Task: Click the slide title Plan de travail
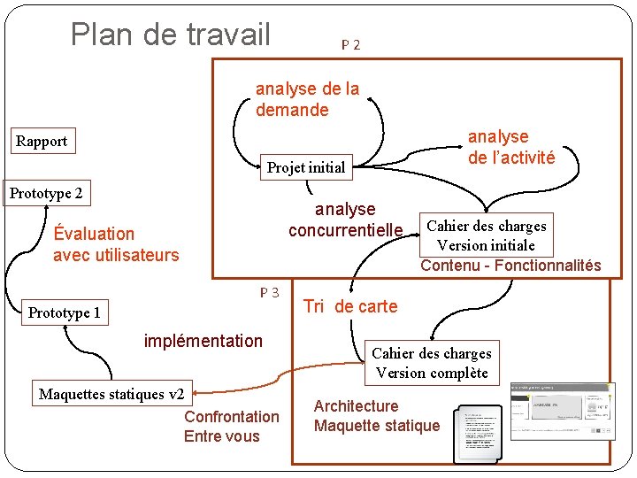tap(170, 35)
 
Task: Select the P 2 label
tap(350, 44)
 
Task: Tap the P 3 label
tap(270, 293)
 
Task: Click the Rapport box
tap(42, 142)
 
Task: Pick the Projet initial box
tap(306, 167)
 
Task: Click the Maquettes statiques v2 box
tap(111, 394)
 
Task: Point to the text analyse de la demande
tap(307, 99)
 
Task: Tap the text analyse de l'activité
tap(511, 147)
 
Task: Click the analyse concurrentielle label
tap(345, 220)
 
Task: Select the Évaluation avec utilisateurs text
tap(115, 244)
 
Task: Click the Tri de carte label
tap(350, 306)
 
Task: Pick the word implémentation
tap(203, 341)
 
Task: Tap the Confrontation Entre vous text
tap(231, 426)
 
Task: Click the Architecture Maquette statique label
tap(376, 416)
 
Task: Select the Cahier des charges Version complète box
tap(431, 363)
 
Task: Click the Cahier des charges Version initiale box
tap(486, 235)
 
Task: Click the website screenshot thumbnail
tap(563, 410)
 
